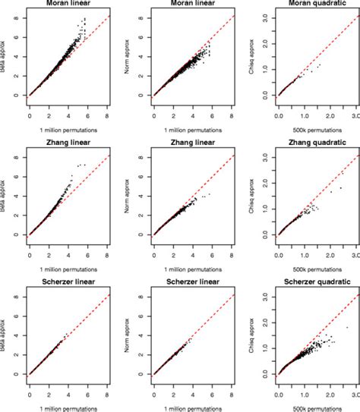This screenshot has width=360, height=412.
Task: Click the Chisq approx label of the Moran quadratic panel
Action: [252, 55]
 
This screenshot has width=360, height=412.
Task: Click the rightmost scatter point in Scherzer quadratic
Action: [347, 328]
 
